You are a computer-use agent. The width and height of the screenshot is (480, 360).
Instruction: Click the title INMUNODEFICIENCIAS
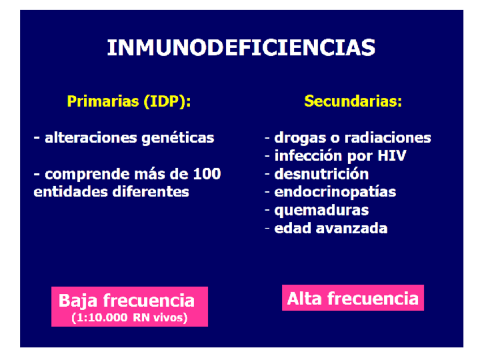241,48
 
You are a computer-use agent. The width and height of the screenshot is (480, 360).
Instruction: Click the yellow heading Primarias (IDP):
129,102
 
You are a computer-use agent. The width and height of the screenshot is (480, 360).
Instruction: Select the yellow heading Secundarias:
353,102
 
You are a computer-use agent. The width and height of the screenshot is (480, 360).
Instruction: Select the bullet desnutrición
321,174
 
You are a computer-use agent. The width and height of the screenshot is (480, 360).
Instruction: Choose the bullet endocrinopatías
335,192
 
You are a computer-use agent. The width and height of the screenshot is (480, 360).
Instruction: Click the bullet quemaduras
321,210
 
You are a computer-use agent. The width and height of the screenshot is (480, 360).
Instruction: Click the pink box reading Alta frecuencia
353,298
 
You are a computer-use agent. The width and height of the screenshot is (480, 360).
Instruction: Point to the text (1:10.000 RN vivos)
130,318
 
